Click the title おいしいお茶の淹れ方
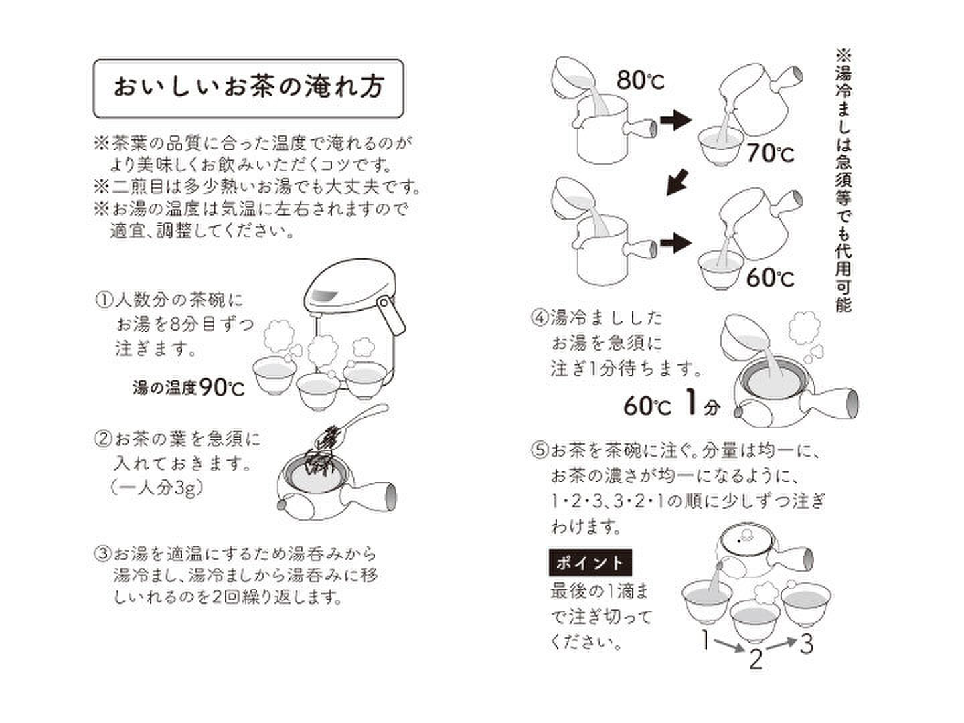[248, 87]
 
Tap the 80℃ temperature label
[641, 80]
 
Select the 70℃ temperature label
[771, 154]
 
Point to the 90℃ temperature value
[222, 388]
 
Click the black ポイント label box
[590, 562]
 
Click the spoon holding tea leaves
[351, 425]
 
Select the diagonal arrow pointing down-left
[677, 182]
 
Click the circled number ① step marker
[104, 301]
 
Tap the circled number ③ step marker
[103, 554]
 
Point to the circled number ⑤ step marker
[540, 451]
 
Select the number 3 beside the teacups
[806, 643]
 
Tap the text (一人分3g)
[157, 488]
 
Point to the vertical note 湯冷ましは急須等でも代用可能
[843, 181]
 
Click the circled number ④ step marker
[540, 317]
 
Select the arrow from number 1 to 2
[730, 645]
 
